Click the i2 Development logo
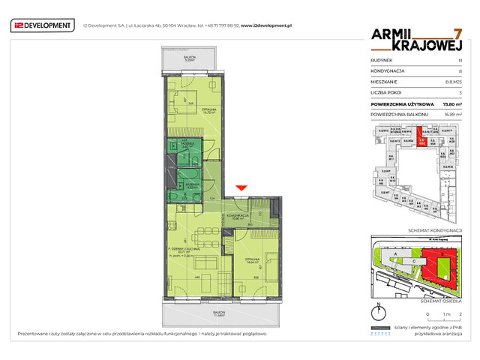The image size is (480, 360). coord(43,25)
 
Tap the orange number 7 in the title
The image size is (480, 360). coord(457,34)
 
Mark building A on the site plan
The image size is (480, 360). coord(390,256)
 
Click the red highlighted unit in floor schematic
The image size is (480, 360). coord(422,139)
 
